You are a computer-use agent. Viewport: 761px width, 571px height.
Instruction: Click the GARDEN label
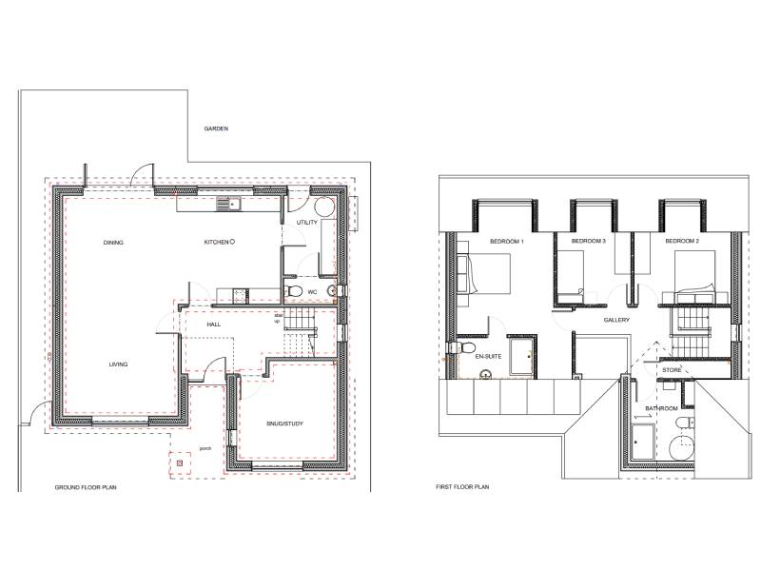click(x=216, y=128)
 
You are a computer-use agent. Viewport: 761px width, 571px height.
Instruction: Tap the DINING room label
click(x=113, y=243)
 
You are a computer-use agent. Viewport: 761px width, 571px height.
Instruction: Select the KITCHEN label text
click(x=216, y=242)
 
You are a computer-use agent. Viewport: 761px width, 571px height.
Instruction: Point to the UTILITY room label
click(x=306, y=223)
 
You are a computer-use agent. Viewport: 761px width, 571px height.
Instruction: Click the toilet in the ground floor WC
click(x=292, y=291)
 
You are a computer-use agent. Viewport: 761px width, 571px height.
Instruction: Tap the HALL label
click(x=213, y=325)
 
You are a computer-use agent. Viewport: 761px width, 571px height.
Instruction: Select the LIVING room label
click(x=118, y=364)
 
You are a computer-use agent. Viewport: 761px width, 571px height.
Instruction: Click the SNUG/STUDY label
click(x=284, y=423)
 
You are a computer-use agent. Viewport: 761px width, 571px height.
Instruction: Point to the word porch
click(x=205, y=448)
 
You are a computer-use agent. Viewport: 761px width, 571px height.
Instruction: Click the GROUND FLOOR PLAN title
click(x=86, y=487)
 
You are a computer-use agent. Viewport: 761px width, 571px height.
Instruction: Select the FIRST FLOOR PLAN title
click(x=462, y=486)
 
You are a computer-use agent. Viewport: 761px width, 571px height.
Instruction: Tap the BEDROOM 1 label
click(x=507, y=242)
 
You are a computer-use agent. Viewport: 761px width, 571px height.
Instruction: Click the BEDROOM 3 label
click(x=588, y=241)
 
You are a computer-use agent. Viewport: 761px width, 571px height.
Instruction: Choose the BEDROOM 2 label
click(x=682, y=241)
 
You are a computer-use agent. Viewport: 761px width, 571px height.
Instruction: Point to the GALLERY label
click(x=616, y=320)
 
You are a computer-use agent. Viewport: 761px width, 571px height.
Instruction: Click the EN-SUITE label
click(x=488, y=356)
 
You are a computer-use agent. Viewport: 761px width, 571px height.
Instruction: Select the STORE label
click(x=672, y=370)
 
